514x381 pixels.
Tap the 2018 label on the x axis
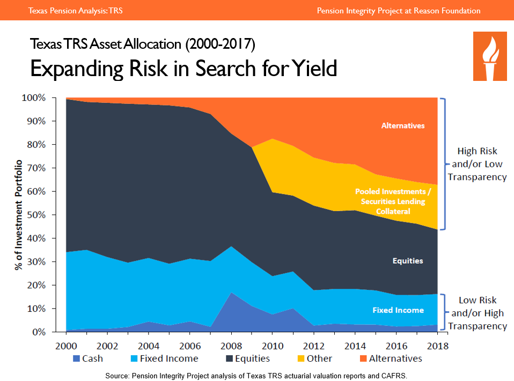click(x=438, y=345)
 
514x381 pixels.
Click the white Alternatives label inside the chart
click(x=403, y=126)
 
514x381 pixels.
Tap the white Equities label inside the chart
click(x=408, y=261)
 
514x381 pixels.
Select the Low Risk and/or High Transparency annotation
click(x=478, y=313)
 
